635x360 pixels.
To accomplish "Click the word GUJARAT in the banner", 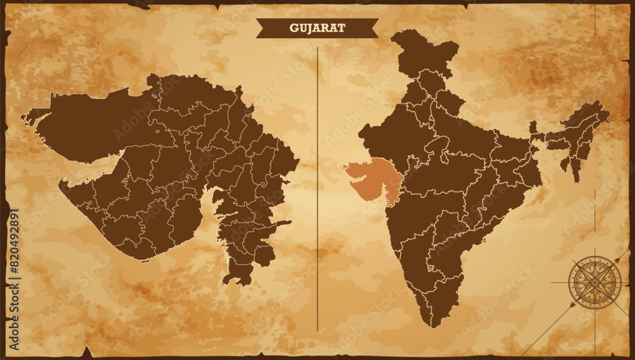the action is point(317,28).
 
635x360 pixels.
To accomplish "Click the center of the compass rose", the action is point(594,282).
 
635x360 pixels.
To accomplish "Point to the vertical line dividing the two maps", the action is point(317,190).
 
